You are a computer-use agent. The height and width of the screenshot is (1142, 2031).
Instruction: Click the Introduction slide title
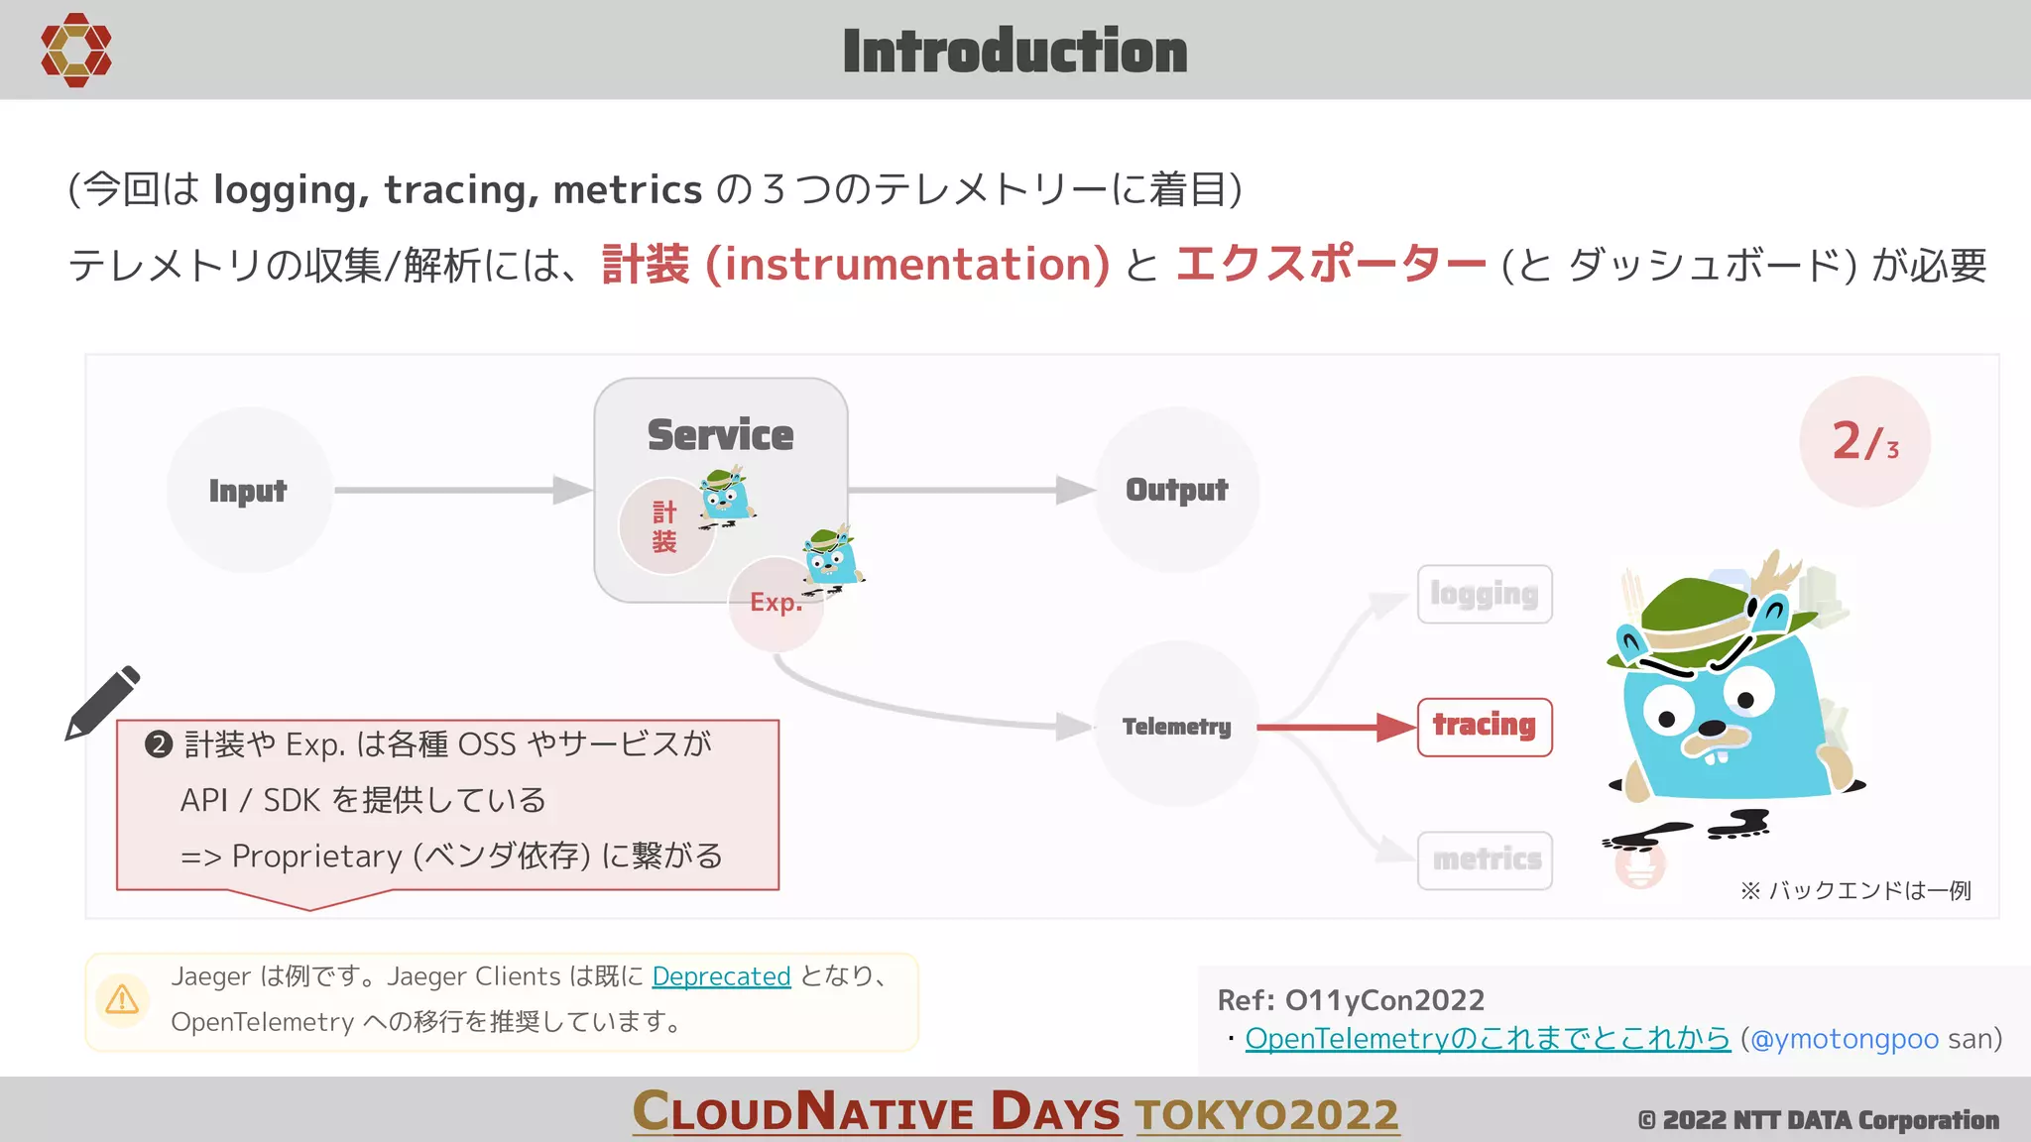[1015, 52]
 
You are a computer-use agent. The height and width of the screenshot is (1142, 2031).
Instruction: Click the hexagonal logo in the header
[75, 50]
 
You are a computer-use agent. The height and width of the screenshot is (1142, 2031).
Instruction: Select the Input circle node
[248, 490]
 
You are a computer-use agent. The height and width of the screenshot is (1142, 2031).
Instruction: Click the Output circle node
[1176, 490]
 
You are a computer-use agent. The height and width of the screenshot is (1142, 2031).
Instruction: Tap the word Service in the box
[720, 435]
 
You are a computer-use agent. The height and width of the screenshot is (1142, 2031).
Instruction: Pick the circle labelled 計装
[663, 527]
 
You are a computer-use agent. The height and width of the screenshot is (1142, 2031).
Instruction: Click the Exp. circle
[775, 603]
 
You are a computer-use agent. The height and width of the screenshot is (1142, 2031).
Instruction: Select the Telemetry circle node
[1176, 726]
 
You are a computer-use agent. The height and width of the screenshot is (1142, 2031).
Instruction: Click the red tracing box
[1484, 726]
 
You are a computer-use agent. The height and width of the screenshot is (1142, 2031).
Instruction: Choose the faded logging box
[1484, 594]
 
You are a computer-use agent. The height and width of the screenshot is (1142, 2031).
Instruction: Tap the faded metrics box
[1485, 859]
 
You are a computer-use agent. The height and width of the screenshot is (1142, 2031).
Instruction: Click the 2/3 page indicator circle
[1864, 441]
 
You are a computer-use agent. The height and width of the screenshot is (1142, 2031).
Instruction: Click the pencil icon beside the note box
[102, 703]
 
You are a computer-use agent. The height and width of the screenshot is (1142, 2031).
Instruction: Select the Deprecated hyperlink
[721, 976]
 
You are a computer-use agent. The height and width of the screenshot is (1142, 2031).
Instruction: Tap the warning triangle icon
[122, 998]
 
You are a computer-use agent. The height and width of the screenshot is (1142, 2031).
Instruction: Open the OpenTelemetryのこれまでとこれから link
[1487, 1038]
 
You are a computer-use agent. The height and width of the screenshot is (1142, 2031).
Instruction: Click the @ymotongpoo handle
[1844, 1038]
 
